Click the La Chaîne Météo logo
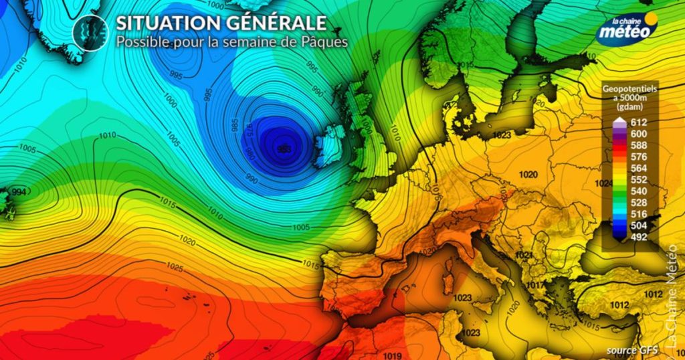click(627, 28)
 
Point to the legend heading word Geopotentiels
click(629, 88)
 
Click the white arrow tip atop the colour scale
click(620, 121)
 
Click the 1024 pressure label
click(605, 183)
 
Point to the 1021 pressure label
click(524, 256)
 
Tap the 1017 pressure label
click(534, 284)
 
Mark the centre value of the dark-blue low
click(283, 149)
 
